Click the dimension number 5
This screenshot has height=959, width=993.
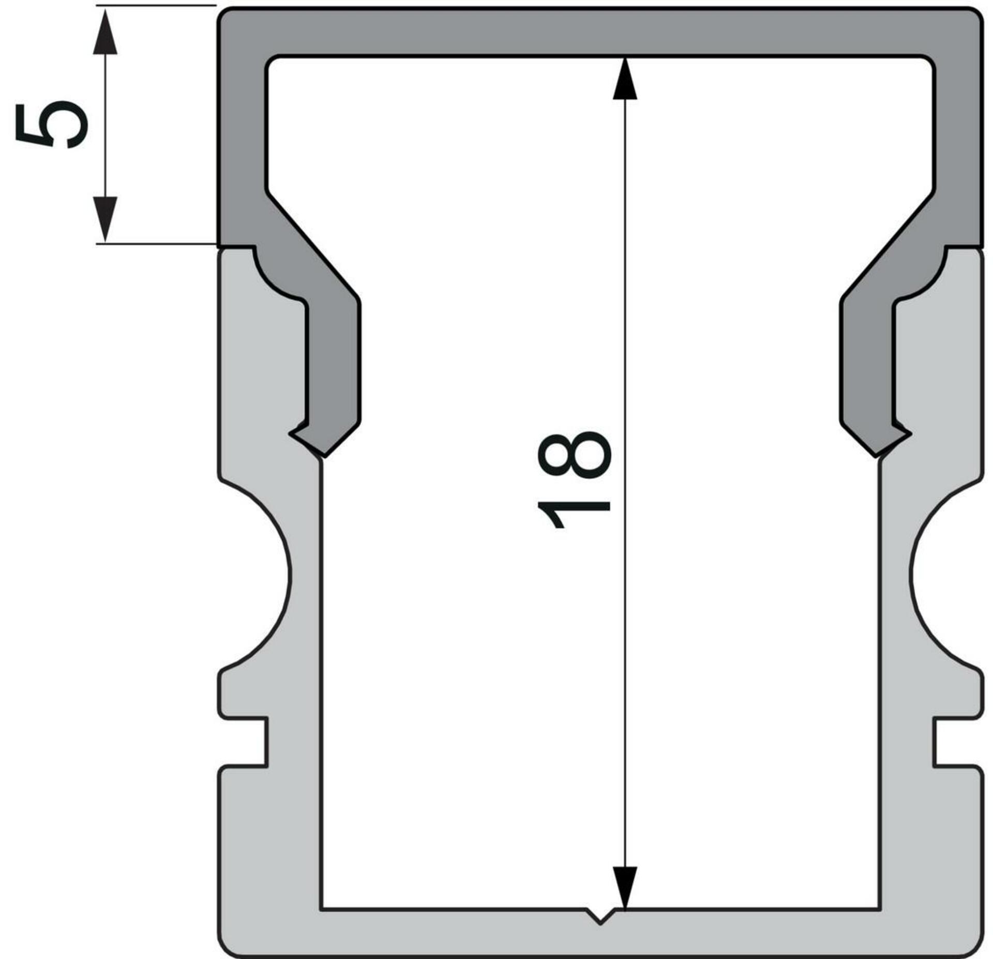pos(52,125)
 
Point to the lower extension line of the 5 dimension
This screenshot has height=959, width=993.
pos(155,243)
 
